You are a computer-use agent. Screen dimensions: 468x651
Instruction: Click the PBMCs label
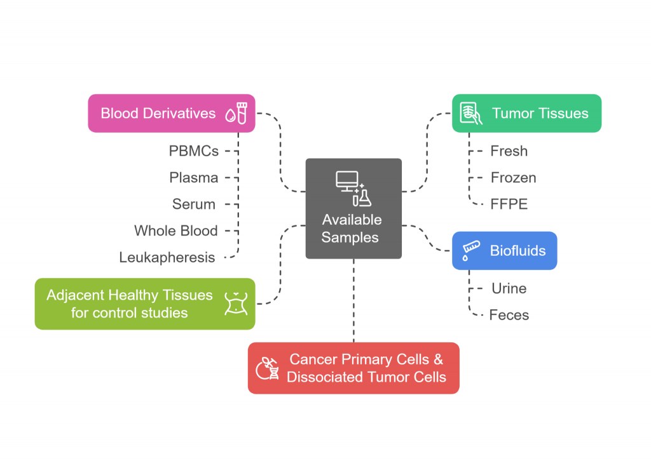coord(194,151)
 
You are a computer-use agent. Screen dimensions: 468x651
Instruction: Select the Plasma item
coord(194,178)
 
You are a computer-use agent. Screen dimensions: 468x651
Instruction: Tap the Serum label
coord(193,204)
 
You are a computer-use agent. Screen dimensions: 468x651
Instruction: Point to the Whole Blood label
coord(176,231)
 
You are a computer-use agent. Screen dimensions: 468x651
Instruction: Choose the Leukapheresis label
coord(167,257)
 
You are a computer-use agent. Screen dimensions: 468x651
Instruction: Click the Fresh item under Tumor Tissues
coord(509,151)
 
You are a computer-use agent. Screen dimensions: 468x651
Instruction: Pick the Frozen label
coord(513,178)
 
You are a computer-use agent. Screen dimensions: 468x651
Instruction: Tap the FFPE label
coord(509,204)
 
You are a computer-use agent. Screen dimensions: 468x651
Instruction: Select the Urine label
coord(509,288)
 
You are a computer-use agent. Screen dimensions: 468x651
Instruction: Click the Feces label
coord(509,315)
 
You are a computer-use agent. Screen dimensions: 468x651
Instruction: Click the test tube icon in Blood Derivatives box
coord(242,114)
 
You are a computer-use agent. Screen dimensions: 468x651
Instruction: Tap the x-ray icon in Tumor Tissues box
coord(469,114)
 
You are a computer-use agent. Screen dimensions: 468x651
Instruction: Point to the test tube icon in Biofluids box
coord(469,250)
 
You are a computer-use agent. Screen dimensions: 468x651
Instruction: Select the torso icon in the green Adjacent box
coord(235,304)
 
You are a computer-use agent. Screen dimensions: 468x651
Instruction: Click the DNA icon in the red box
coord(267,368)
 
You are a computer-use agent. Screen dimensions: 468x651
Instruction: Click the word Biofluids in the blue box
coord(517,251)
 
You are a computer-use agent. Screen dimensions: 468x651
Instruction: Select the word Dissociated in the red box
coord(322,377)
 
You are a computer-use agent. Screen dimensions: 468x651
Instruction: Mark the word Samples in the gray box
coord(350,238)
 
